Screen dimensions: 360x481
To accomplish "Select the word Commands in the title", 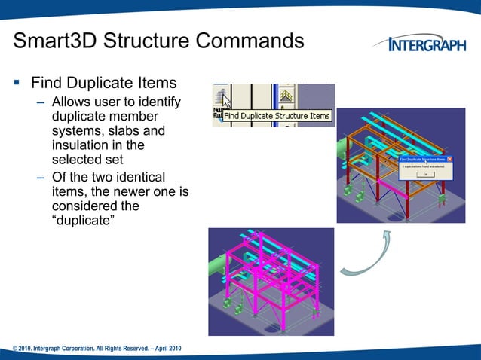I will point(248,40).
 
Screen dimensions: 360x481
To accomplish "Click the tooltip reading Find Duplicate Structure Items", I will point(277,116).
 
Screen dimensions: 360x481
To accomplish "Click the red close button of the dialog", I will point(451,160).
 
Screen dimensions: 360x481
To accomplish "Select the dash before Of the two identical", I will point(41,178).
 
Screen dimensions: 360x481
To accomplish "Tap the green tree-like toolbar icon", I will point(286,96).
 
